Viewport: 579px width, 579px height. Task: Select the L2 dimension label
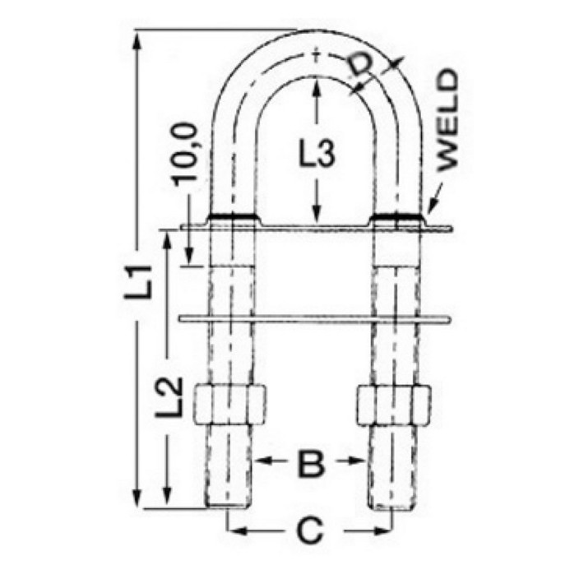pyautogui.click(x=169, y=397)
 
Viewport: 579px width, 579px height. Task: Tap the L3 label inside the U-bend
pyautogui.click(x=317, y=153)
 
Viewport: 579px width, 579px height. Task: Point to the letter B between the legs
pyautogui.click(x=312, y=462)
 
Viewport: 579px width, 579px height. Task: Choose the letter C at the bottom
pyautogui.click(x=310, y=531)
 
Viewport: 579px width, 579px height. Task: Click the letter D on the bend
pyautogui.click(x=359, y=67)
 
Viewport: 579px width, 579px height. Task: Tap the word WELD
pyautogui.click(x=448, y=120)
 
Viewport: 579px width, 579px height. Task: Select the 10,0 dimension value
pyautogui.click(x=184, y=154)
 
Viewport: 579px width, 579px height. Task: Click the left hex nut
pyautogui.click(x=229, y=405)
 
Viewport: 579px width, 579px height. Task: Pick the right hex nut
pyautogui.click(x=394, y=405)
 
